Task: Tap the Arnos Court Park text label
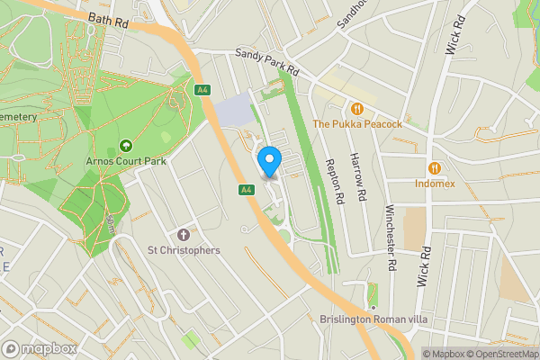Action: (126, 162)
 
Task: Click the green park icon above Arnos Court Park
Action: (126, 145)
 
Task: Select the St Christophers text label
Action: (184, 250)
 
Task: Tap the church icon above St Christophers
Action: (184, 234)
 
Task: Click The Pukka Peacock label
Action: (356, 123)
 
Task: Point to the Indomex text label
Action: (435, 184)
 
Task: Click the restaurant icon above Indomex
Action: (435, 167)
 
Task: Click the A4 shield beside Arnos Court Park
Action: (202, 89)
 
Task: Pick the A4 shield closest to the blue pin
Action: (245, 190)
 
